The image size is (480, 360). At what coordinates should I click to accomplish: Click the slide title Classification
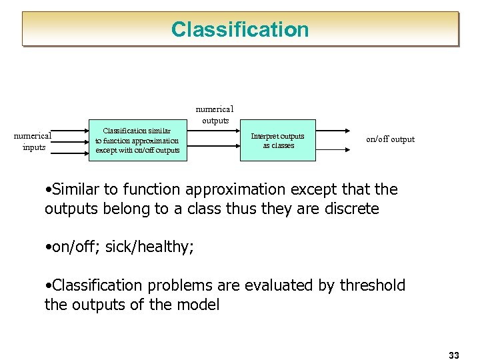240,29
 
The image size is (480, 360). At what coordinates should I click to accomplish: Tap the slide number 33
454,355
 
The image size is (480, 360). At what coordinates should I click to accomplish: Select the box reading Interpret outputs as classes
278,141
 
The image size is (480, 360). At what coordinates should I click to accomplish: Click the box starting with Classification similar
137,141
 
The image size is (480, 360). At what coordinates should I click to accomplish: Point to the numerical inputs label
33,141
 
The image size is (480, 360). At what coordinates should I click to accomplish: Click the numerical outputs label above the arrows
214,114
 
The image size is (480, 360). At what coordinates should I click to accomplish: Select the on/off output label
390,139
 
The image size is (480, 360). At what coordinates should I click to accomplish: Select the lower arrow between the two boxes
213,151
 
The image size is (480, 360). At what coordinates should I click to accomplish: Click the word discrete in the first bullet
351,209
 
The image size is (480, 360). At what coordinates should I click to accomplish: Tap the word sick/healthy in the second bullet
149,247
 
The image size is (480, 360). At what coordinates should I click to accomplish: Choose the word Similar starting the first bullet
77,189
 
